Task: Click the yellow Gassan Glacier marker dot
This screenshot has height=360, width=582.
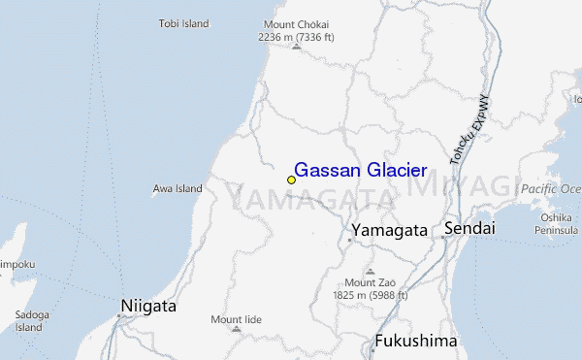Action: (291, 180)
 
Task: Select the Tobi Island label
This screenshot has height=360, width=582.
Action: (184, 24)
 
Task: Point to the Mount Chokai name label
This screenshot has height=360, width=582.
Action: (296, 24)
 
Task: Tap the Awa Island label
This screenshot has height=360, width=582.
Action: (178, 188)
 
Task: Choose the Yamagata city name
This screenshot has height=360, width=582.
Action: (389, 231)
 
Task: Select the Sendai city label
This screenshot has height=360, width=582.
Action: (469, 229)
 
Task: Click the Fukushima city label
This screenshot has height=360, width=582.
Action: (415, 342)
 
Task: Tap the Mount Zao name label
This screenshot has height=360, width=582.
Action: (370, 282)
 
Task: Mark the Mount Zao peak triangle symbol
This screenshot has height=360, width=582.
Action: (370, 271)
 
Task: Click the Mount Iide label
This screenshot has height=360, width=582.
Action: (238, 318)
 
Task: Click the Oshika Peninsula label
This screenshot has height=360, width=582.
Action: (556, 223)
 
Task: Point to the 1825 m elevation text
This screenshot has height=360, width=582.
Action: (370, 294)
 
